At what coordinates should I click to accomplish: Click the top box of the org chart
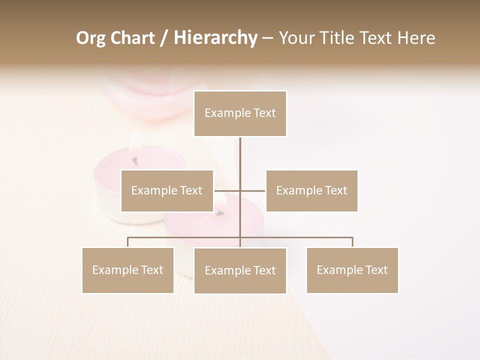coord(240,113)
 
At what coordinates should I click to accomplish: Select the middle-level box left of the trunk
coord(167,190)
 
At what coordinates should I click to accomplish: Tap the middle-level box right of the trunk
coord(311,190)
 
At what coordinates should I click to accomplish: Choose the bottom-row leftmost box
coord(128,270)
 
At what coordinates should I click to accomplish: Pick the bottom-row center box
coord(240,270)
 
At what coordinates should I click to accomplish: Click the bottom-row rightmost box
coord(352,270)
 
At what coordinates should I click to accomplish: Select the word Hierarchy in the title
coord(215,38)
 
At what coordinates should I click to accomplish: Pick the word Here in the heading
coord(416,38)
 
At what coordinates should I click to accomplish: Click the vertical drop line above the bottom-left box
coord(128,242)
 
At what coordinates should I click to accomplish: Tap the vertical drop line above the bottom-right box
coord(352,242)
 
